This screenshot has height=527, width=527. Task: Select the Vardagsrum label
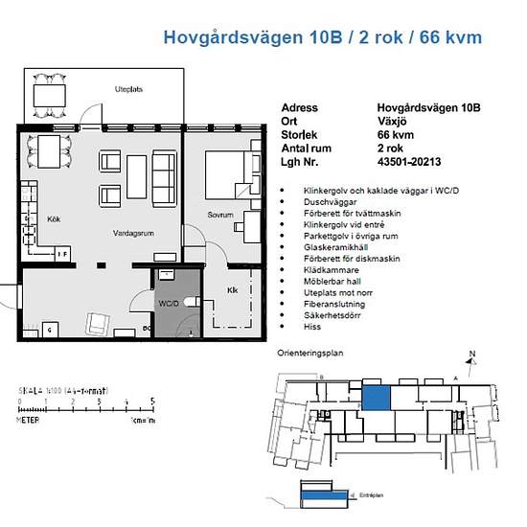pos(133,233)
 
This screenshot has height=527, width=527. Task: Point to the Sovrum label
pos(220,216)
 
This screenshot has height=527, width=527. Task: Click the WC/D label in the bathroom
pos(170,304)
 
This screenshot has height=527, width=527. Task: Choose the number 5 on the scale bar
pos(153,401)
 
